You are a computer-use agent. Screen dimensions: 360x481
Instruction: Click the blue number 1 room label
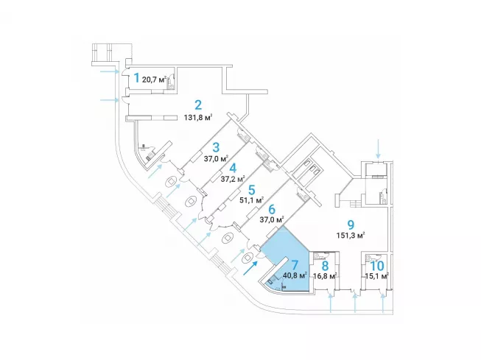(x=136, y=76)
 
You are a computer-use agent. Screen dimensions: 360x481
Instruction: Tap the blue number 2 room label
(x=198, y=105)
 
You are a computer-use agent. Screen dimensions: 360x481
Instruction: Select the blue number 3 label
(x=217, y=146)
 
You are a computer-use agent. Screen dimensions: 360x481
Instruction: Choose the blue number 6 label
(x=271, y=208)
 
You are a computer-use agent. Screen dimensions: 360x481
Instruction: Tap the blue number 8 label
(x=324, y=265)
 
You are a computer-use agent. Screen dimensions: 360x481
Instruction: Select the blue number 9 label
(x=351, y=225)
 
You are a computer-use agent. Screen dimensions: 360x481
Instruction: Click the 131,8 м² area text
(x=199, y=117)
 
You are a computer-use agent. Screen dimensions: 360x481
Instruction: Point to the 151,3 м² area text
(x=351, y=236)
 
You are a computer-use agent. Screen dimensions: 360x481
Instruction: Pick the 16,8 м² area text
(x=324, y=277)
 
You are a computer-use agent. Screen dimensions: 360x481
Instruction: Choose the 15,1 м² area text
(x=376, y=277)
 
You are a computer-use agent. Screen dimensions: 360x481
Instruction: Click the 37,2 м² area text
(x=233, y=178)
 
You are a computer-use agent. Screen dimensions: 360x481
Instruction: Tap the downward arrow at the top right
(x=378, y=149)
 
